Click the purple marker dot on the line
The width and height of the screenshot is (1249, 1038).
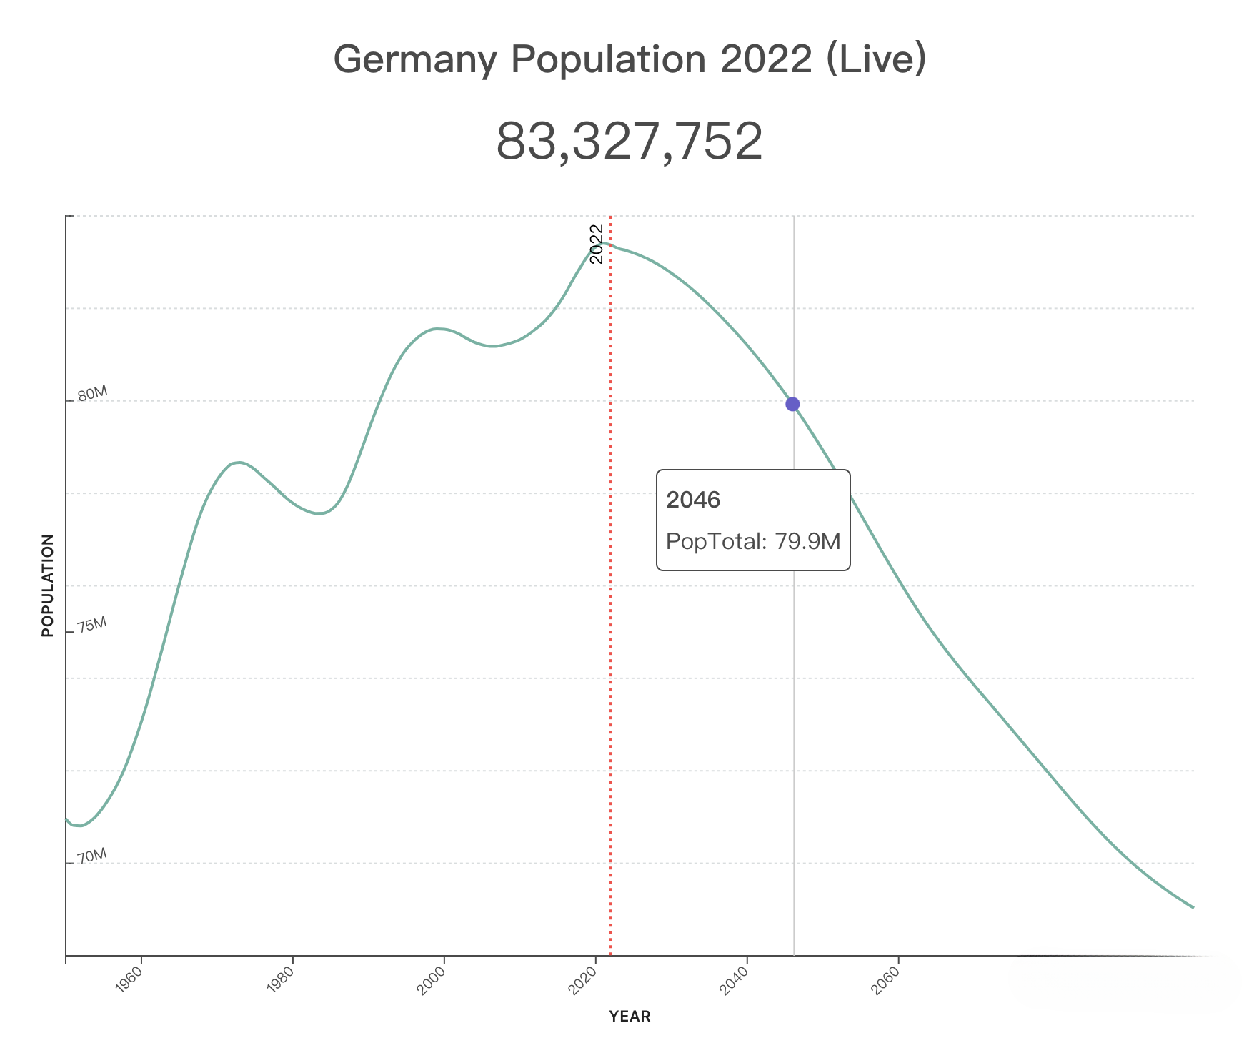click(792, 404)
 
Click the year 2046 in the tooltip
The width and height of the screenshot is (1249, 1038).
click(693, 500)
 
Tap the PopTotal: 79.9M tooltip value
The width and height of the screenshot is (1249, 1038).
click(753, 541)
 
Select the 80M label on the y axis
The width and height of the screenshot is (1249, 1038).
click(92, 394)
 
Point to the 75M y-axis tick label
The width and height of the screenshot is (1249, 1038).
click(92, 625)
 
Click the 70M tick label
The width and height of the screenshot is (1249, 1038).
click(92, 856)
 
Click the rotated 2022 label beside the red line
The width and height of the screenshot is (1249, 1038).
click(597, 244)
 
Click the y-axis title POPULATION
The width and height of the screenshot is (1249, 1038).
click(48, 585)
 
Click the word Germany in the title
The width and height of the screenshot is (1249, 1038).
click(414, 59)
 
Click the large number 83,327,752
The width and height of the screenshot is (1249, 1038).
click(630, 142)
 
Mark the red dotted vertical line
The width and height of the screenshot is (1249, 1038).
click(611, 643)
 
